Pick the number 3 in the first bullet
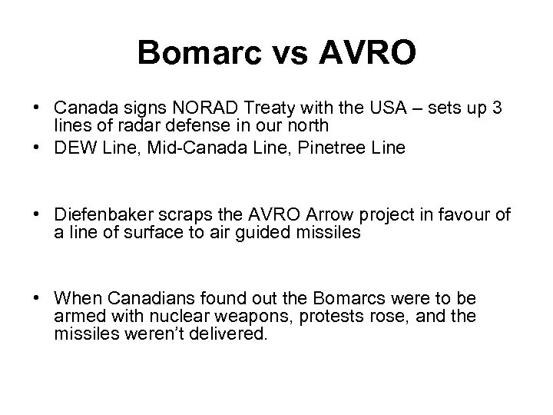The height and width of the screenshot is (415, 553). pyautogui.click(x=497, y=109)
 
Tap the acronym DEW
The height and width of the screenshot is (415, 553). pyautogui.click(x=71, y=148)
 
